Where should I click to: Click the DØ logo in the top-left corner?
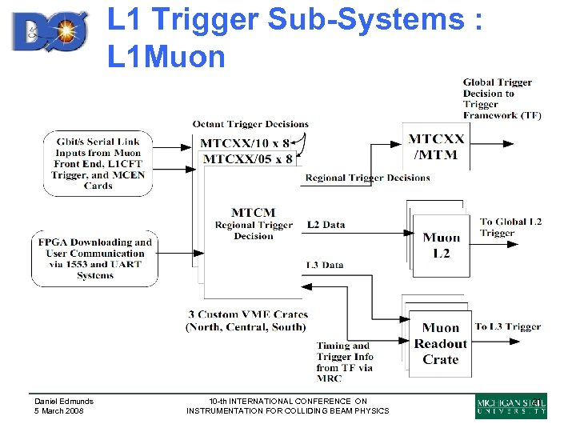[54, 31]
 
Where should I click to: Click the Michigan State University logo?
[511, 406]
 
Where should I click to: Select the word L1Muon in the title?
[166, 56]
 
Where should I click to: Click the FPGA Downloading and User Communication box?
[94, 258]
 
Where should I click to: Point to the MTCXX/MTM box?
[436, 146]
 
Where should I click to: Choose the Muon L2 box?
[442, 245]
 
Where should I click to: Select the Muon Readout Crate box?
[440, 343]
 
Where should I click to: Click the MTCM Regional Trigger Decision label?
[254, 224]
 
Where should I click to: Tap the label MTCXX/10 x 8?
[245, 143]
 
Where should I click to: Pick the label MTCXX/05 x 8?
[248, 158]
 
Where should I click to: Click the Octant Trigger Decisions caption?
[250, 124]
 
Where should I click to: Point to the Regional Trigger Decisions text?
[367, 178]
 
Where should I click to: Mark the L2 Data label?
[326, 225]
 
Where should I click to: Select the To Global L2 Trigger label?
[510, 227]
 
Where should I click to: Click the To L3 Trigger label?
[507, 326]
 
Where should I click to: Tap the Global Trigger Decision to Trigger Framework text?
[502, 98]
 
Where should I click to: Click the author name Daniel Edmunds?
[63, 401]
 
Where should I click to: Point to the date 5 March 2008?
[59, 411]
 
